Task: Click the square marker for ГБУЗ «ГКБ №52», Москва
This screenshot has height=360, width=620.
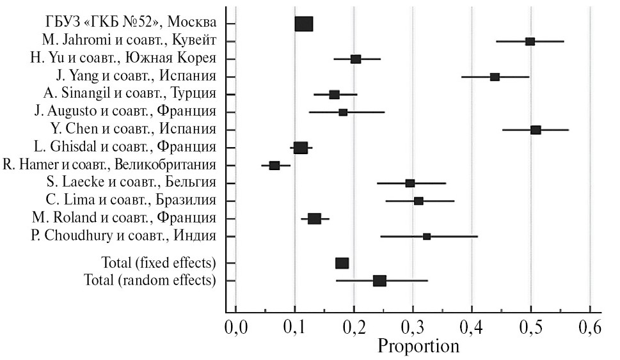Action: coord(304,24)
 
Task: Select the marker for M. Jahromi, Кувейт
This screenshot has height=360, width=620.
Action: coord(530,42)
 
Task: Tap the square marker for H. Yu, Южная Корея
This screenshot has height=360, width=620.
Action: coord(356,59)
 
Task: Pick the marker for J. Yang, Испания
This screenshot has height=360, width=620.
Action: coord(495,77)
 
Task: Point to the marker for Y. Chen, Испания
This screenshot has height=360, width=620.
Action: coord(536,130)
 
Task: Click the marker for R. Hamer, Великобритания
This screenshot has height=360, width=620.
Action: coord(274,166)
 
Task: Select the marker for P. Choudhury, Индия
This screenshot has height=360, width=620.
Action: coord(427,237)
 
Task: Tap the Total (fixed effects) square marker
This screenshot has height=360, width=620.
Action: coord(342,263)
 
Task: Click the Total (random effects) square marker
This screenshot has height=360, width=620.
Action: coord(379,281)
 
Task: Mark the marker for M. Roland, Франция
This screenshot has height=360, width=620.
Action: coord(314,219)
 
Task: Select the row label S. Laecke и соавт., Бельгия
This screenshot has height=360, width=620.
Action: coord(131,183)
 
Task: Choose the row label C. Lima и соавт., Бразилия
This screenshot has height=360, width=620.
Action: coord(131,201)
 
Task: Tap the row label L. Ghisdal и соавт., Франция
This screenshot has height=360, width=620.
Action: coord(125,148)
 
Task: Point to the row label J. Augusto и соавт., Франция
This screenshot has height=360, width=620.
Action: coord(125,112)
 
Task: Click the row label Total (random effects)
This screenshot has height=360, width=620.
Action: coord(150,281)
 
